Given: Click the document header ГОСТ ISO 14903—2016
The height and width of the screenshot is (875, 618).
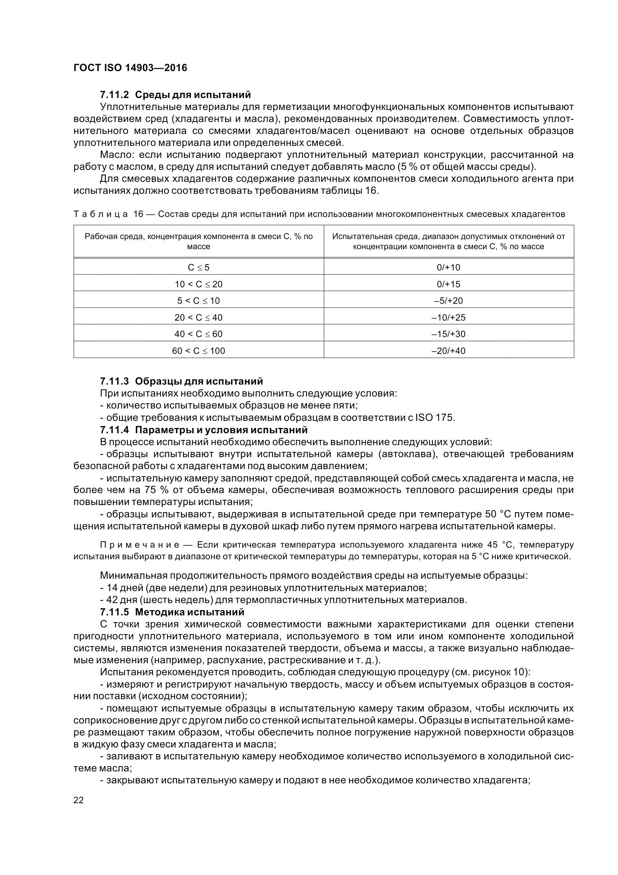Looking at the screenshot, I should tap(130, 68).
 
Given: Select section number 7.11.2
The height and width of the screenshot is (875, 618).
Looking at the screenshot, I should tap(115, 94).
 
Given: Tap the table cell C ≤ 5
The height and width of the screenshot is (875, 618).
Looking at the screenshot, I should tap(199, 267).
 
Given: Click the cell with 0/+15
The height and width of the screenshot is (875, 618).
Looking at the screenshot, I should tap(448, 284).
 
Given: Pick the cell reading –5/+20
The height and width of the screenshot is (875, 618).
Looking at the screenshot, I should tap(448, 301).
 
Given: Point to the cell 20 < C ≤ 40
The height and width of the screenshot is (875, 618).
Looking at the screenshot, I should tap(199, 318).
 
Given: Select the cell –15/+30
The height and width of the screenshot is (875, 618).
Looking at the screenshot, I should tap(448, 334).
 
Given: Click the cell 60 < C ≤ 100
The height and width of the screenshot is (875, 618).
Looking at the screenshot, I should tap(199, 351).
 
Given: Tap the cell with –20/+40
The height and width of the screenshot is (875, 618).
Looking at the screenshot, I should tap(448, 351).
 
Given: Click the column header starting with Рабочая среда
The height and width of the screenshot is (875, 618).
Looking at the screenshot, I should tap(199, 241).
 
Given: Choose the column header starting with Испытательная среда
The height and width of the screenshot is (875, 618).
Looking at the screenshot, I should tap(448, 241).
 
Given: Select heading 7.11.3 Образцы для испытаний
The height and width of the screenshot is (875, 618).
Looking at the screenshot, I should tap(181, 381).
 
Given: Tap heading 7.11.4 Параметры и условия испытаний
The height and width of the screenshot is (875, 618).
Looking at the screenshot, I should tap(203, 430).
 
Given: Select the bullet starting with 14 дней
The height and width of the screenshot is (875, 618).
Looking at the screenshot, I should tap(126, 588).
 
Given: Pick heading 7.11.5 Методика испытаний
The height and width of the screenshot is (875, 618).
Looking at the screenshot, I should tap(172, 612).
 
